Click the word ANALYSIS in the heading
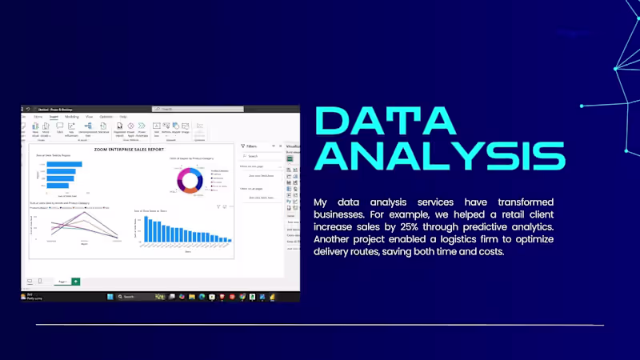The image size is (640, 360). [440, 155]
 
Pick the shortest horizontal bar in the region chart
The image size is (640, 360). [57, 184]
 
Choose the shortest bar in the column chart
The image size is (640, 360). [230, 240]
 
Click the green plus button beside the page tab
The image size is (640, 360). [76, 281]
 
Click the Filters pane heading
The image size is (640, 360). [252, 146]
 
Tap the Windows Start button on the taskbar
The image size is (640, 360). [110, 297]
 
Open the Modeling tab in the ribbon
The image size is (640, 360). [72, 117]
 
